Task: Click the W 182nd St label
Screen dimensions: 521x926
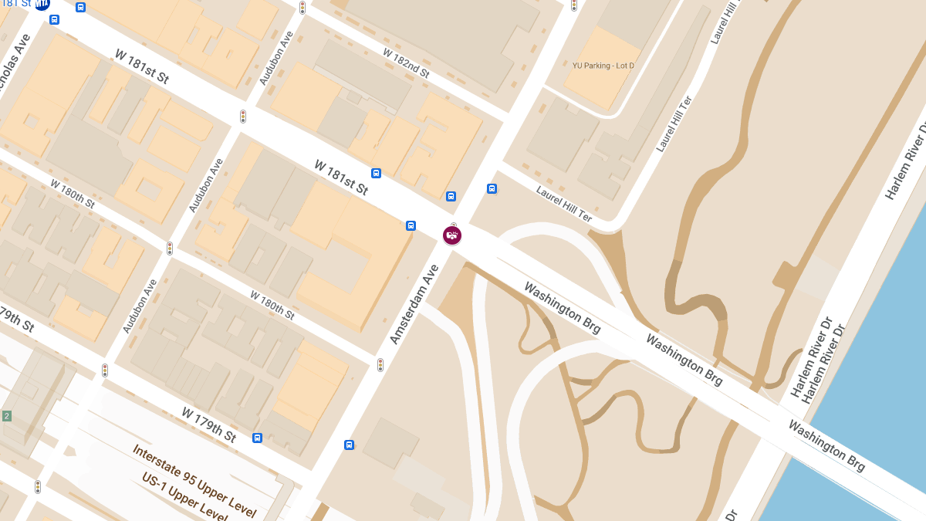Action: [406, 63]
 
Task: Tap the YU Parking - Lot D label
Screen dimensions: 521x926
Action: [603, 66]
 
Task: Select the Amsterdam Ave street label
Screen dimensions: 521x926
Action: [414, 304]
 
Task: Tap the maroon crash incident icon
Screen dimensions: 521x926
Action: [452, 235]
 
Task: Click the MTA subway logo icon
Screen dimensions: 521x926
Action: [42, 3]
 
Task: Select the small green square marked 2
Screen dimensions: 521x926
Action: [7, 416]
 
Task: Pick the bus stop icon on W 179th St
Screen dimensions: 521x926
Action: [257, 438]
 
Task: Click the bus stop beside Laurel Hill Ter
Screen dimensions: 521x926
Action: [492, 188]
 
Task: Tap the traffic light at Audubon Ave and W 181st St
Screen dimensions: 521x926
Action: [243, 117]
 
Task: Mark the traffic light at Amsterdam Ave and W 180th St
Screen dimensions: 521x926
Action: [380, 364]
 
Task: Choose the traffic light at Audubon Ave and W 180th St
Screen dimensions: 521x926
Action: [170, 249]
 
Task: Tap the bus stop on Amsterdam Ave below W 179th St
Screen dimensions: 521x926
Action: [349, 445]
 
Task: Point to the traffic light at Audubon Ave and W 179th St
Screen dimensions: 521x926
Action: [105, 370]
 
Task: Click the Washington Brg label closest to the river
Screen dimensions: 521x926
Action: [826, 445]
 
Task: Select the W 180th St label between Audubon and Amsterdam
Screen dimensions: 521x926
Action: [272, 305]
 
